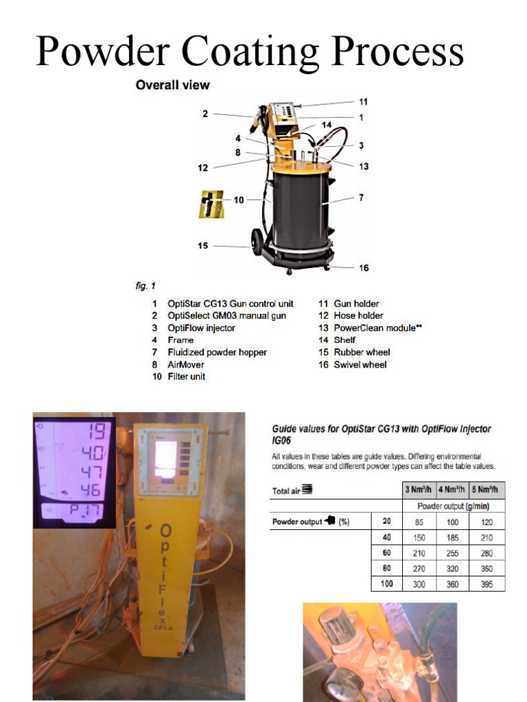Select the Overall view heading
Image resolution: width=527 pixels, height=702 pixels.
click(172, 85)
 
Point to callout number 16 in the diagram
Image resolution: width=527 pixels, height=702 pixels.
click(364, 267)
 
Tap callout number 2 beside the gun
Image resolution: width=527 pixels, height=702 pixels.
click(204, 114)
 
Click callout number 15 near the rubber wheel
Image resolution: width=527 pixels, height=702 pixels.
click(203, 245)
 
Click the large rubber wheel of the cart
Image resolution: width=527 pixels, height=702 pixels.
click(257, 242)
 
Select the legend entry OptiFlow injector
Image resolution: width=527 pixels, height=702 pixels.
click(201, 328)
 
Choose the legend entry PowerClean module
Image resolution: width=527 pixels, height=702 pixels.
click(377, 328)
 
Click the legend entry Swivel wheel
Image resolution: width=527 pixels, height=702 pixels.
click(360, 365)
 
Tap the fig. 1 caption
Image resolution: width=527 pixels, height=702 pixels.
click(145, 285)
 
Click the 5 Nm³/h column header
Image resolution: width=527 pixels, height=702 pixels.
click(487, 490)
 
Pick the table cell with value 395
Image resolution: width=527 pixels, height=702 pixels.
click(487, 584)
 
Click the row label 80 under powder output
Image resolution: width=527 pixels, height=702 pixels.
click(386, 568)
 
